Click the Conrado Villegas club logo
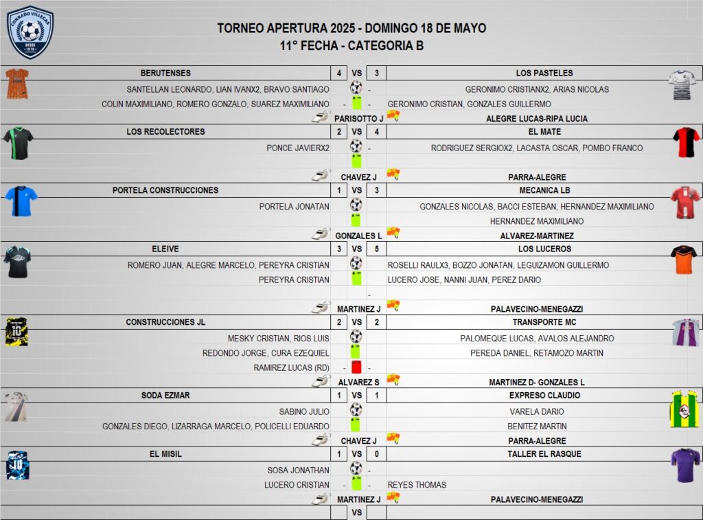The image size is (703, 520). pyautogui.click(x=30, y=32)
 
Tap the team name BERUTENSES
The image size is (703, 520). pyautogui.click(x=165, y=73)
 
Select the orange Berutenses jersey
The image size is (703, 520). pyautogui.click(x=16, y=84)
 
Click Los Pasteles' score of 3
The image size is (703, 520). pyautogui.click(x=376, y=73)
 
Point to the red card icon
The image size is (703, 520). pyautogui.click(x=356, y=368)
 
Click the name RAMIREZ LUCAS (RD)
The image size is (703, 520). pyautogui.click(x=292, y=368)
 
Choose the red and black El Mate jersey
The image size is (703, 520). pyautogui.click(x=685, y=142)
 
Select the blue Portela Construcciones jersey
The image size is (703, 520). pyautogui.click(x=21, y=201)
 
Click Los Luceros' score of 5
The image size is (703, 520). pyautogui.click(x=376, y=249)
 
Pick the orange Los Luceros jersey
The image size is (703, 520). pyautogui.click(x=684, y=260)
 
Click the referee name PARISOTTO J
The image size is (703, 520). pyautogui.click(x=359, y=118)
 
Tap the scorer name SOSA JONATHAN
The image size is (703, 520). pyautogui.click(x=298, y=471)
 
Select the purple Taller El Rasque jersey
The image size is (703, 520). pyautogui.click(x=686, y=464)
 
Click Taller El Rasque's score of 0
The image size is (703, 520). pyautogui.click(x=376, y=453)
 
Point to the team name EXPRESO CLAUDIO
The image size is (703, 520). pyautogui.click(x=544, y=395)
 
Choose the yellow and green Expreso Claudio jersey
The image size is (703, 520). pyautogui.click(x=684, y=409)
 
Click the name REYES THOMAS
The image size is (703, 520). pyautogui.click(x=417, y=484)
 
